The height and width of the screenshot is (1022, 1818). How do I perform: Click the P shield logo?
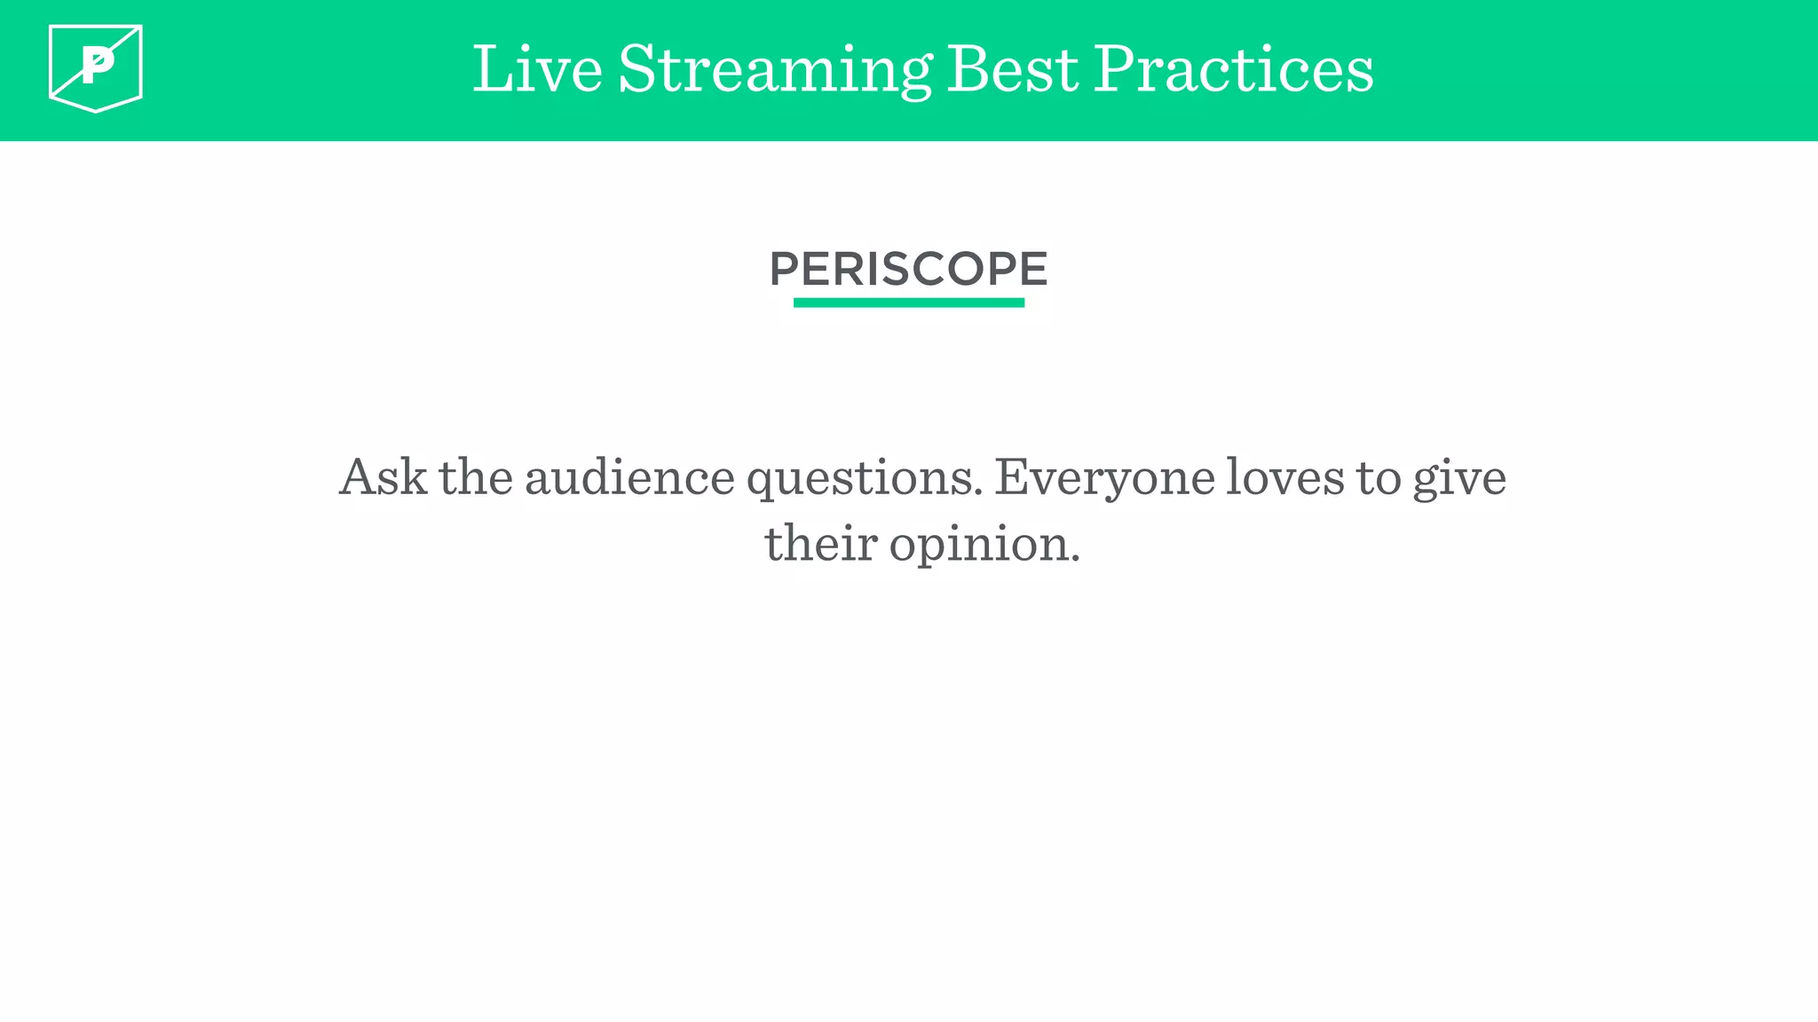tap(96, 68)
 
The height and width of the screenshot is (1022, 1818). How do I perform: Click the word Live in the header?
tap(537, 69)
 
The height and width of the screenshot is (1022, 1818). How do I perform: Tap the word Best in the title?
tap(1013, 69)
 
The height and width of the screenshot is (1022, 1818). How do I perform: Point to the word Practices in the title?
tap(1233, 69)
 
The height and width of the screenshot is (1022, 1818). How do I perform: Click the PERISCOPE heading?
tap(908, 269)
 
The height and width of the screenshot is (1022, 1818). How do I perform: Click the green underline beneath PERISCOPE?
tap(908, 303)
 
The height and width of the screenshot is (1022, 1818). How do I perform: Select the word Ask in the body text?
tap(383, 477)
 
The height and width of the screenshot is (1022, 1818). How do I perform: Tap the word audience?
tap(629, 477)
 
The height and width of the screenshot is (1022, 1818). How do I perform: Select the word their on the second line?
tap(820, 543)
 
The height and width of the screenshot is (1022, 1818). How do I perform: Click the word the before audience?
tap(476, 477)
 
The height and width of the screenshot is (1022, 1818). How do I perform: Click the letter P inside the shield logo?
tap(98, 65)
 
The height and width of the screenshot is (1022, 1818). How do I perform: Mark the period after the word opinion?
tap(1075, 559)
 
